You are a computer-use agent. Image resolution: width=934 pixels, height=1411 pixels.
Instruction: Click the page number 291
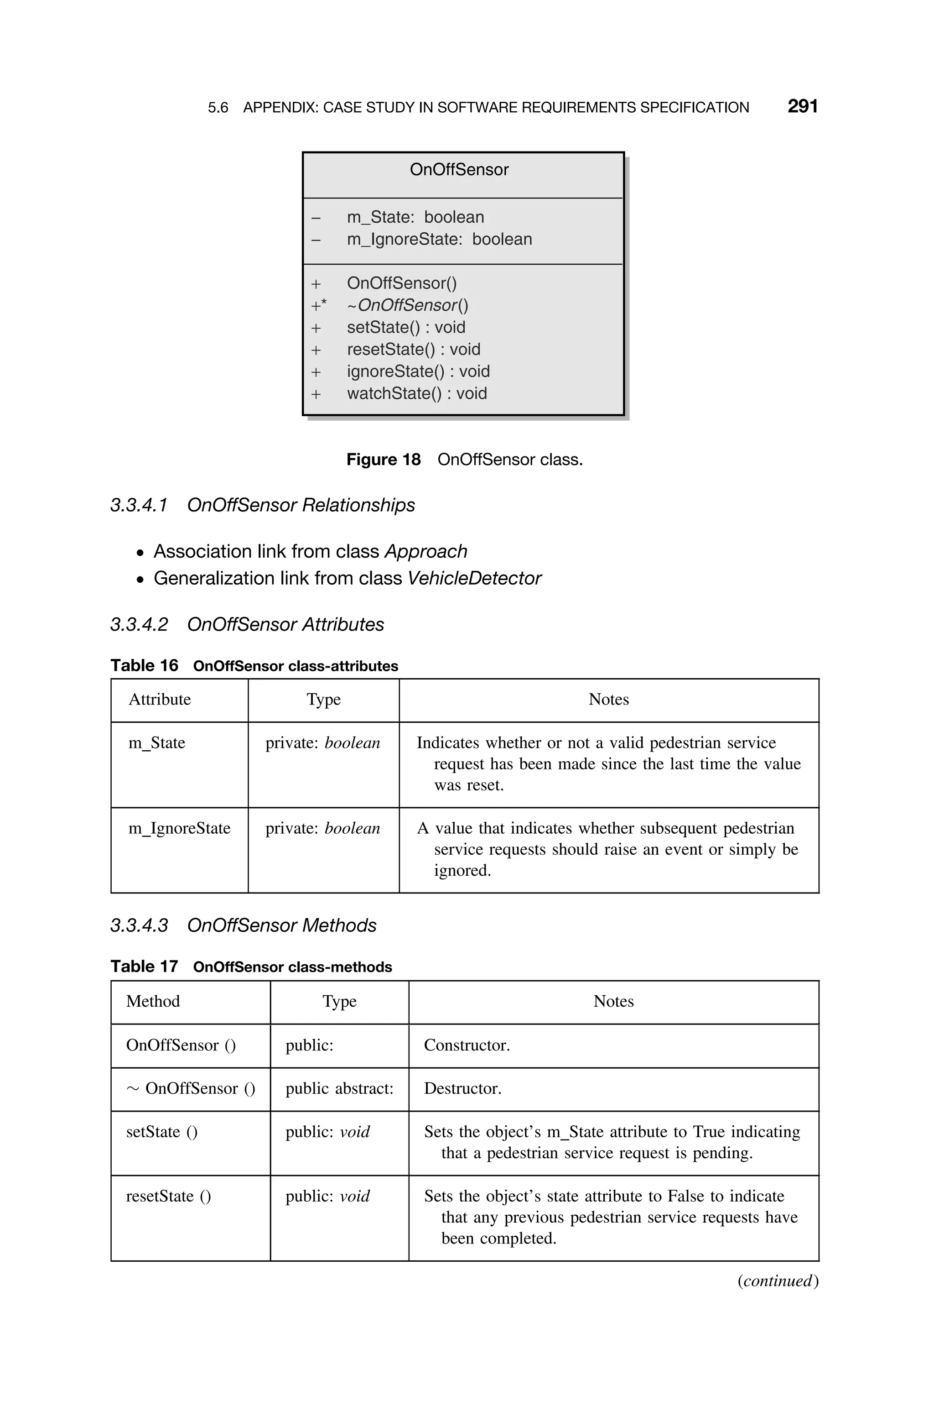[x=802, y=107]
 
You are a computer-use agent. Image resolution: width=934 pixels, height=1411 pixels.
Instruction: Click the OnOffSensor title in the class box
[x=459, y=170]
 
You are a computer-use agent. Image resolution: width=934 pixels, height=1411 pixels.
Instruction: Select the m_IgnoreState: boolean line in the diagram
[x=439, y=240]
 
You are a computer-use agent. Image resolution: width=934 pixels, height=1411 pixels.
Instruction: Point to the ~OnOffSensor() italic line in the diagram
[x=407, y=306]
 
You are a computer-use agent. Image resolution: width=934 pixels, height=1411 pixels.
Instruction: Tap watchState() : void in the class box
[x=416, y=394]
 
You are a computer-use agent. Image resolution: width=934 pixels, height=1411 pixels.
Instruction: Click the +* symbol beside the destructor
[x=319, y=306]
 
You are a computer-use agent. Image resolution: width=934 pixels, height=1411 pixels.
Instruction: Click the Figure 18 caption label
[x=383, y=460]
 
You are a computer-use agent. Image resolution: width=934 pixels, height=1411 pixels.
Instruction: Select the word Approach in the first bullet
[x=425, y=552]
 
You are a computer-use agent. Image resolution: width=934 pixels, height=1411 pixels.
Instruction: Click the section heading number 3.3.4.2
[x=139, y=624]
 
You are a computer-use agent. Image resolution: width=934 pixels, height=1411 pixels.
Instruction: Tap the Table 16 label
[x=144, y=666]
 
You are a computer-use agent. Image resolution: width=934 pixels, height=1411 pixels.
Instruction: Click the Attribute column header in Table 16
[x=160, y=700]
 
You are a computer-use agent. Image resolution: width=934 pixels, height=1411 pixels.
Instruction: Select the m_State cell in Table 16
[x=157, y=743]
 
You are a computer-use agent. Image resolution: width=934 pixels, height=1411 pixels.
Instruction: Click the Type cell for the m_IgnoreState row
[x=322, y=828]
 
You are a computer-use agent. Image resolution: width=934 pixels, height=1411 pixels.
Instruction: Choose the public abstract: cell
[x=339, y=1089]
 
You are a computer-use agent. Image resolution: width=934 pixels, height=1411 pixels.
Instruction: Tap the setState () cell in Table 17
[x=161, y=1132]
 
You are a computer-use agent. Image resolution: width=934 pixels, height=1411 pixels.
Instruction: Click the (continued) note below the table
[x=777, y=1281]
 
